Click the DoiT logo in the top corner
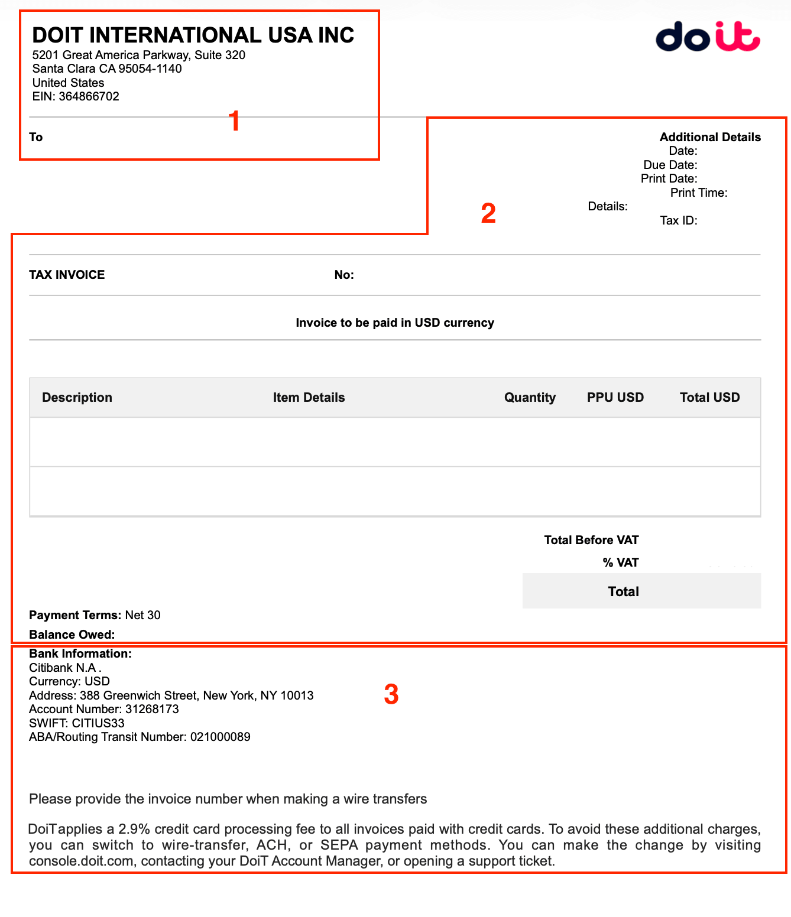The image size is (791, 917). pyautogui.click(x=708, y=37)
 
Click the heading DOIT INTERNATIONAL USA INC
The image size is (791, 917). pyautogui.click(x=193, y=35)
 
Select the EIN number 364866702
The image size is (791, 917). pyautogui.click(x=89, y=96)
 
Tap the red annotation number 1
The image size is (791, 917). pyautogui.click(x=234, y=121)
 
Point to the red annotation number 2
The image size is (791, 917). pyautogui.click(x=488, y=213)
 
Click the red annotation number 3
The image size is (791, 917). pyautogui.click(x=391, y=694)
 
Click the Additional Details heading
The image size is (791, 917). pyautogui.click(x=709, y=137)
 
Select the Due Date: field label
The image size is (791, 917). pyautogui.click(x=670, y=165)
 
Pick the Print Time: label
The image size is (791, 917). pyautogui.click(x=698, y=193)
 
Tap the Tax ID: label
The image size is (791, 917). pyautogui.click(x=678, y=220)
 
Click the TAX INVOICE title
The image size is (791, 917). pyautogui.click(x=67, y=275)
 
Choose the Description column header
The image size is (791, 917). pyautogui.click(x=77, y=398)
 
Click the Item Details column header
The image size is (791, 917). pyautogui.click(x=309, y=398)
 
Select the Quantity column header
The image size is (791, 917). pyautogui.click(x=530, y=398)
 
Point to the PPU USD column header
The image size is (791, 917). pyautogui.click(x=615, y=398)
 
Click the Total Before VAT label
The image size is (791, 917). pyautogui.click(x=591, y=540)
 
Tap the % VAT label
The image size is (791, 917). pyautogui.click(x=620, y=562)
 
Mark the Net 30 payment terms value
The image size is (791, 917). pyautogui.click(x=142, y=615)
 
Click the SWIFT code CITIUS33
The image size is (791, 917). pyautogui.click(x=98, y=723)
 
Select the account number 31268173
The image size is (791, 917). pyautogui.click(x=152, y=709)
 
